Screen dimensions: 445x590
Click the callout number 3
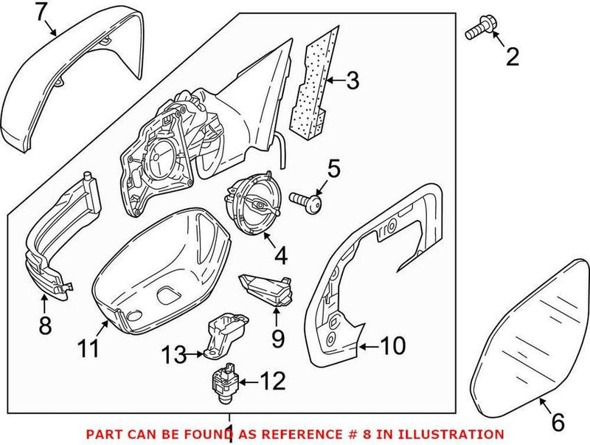click(x=353, y=80)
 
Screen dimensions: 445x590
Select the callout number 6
click(x=558, y=422)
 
